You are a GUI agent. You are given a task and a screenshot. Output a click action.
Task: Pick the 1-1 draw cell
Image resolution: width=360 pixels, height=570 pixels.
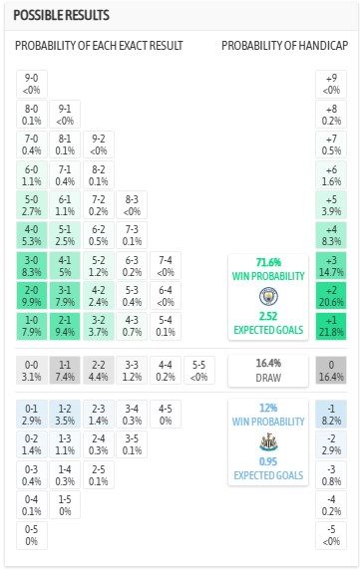coord(65,370)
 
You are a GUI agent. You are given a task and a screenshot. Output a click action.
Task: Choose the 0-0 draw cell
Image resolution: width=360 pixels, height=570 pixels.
coord(32,370)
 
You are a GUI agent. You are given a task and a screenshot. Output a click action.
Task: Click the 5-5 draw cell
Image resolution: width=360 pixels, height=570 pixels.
coord(200,370)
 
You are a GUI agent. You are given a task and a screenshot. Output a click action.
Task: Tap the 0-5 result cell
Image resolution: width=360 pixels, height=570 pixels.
coord(32,534)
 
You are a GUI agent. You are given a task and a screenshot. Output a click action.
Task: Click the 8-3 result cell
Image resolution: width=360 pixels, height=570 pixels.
coord(133,204)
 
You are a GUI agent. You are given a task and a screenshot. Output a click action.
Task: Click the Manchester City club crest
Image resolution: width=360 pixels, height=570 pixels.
coord(266,296)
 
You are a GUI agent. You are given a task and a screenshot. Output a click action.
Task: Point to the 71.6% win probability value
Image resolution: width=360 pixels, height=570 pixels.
coord(266,260)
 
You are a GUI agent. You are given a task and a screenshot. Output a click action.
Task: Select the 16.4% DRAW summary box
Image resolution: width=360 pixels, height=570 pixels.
coord(266,370)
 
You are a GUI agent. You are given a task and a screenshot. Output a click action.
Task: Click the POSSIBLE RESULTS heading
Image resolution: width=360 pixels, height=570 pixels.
coord(61,17)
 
